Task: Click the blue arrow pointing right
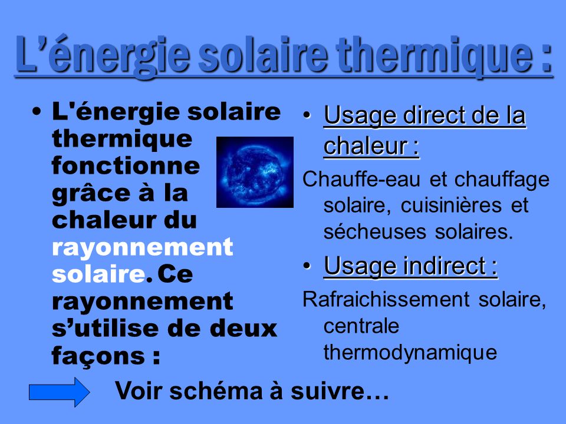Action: pyautogui.click(x=59, y=392)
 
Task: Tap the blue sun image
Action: pyautogui.click(x=255, y=172)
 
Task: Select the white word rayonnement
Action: pyautogui.click(x=142, y=248)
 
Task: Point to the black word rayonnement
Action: pyautogui.click(x=142, y=302)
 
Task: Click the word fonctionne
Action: pyautogui.click(x=126, y=165)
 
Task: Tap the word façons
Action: pyautogui.click(x=98, y=356)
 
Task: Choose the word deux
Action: pyautogui.click(x=243, y=329)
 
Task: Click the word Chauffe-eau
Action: pyautogui.click(x=361, y=179)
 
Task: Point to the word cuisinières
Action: pyautogui.click(x=451, y=206)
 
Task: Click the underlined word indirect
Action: pyautogui.click(x=445, y=266)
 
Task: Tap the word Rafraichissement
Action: pyautogui.click(x=386, y=299)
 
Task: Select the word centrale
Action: pyautogui.click(x=361, y=326)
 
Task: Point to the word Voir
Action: pyautogui.click(x=139, y=391)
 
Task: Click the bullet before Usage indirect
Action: pyautogui.click(x=307, y=266)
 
